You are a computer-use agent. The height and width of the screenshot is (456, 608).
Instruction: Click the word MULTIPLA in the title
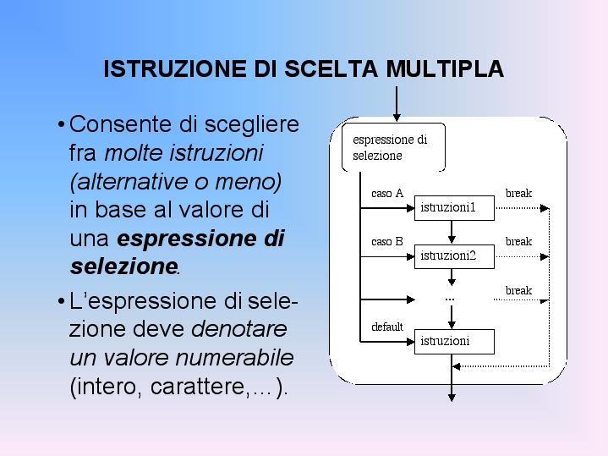point(445,69)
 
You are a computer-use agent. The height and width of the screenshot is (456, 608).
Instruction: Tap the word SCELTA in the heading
point(331,69)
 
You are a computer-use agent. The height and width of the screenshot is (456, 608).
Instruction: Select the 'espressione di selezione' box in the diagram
point(393,147)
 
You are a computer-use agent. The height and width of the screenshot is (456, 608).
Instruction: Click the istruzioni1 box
point(454,208)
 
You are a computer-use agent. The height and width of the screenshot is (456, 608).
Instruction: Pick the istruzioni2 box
point(454,256)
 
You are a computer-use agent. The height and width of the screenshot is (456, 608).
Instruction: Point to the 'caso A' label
point(387,193)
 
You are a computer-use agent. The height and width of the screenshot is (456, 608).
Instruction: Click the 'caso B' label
point(387,242)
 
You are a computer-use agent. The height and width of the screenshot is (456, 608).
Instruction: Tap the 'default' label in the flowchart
point(387,327)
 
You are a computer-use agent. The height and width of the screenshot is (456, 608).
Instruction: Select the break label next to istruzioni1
point(518,193)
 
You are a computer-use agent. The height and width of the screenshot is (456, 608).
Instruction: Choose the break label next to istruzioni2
point(518,241)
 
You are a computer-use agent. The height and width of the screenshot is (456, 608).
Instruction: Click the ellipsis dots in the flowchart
point(450,299)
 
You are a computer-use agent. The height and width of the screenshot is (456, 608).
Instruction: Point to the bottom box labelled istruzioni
point(454,342)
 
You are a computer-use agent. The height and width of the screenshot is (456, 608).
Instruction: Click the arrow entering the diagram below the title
point(397,104)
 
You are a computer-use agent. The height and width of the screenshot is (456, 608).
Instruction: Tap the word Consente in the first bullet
point(121,124)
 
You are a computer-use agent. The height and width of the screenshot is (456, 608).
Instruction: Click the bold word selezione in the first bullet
point(123,266)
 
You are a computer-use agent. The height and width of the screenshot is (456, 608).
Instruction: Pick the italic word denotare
point(239,329)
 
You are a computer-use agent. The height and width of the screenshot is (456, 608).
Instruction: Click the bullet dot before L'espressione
point(61,301)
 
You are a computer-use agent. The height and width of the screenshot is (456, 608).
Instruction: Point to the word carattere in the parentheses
point(198,387)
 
